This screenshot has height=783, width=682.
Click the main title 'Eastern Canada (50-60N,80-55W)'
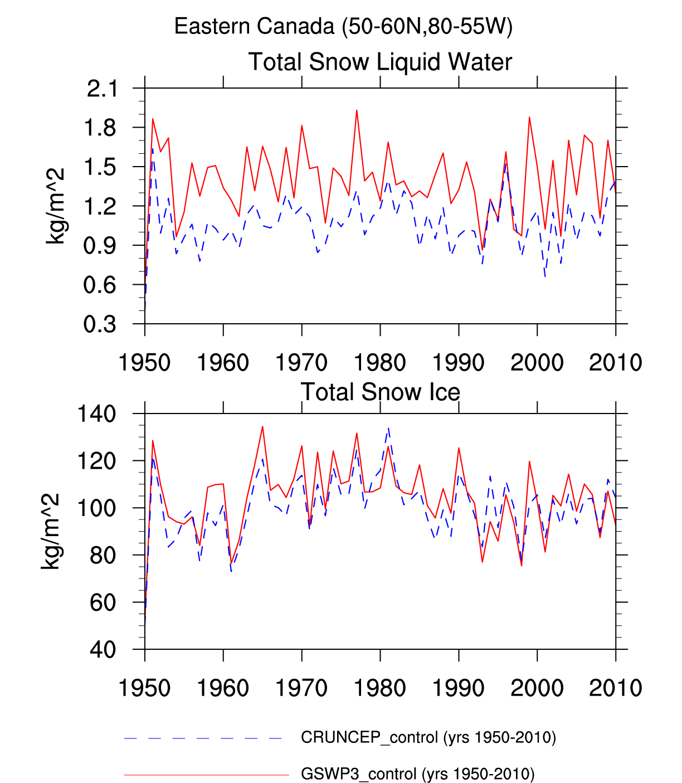coord(343,26)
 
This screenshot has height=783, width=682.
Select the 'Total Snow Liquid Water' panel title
coord(380,62)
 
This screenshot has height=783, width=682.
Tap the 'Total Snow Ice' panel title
coord(380,392)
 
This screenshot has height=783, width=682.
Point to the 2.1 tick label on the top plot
coord(103,89)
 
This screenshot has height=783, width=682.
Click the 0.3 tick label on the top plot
coord(100,324)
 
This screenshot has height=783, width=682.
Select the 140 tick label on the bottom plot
coord(96,414)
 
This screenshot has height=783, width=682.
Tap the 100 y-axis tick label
coord(96,508)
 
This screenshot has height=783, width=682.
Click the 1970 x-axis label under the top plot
coord(301,363)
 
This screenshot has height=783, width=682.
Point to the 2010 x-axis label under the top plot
coord(615,363)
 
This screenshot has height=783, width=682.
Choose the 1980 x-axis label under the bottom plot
coord(380,688)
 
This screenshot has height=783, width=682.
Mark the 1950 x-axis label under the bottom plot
coord(145,688)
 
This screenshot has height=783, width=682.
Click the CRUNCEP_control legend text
coord(428,737)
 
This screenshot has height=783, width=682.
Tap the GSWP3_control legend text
coord(417,774)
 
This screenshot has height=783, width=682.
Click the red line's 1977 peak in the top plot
coord(357,110)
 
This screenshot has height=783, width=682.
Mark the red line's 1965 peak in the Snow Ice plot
coord(262,427)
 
